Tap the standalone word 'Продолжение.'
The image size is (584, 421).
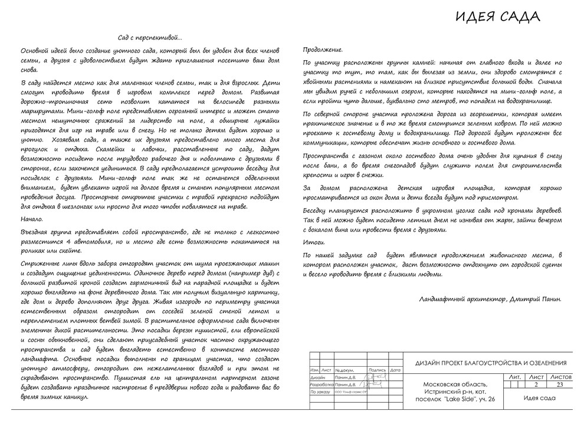(322, 50)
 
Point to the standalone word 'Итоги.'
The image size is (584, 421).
(313, 242)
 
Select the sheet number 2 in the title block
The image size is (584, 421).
(536, 384)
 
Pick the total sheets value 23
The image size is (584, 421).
(560, 384)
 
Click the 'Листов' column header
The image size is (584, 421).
(560, 376)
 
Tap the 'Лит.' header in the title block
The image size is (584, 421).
(514, 376)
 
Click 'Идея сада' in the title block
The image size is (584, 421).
(539, 398)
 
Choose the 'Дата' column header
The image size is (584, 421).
(395, 370)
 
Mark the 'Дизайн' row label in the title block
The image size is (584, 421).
(317, 377)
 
